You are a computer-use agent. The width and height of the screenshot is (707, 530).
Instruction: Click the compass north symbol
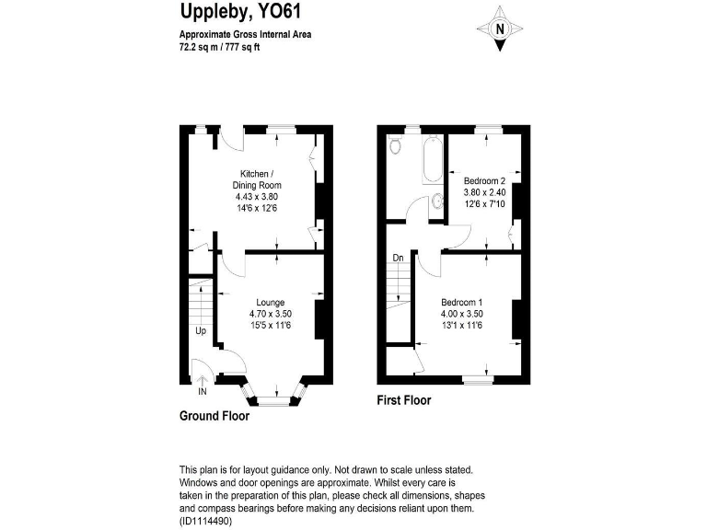(x=500, y=29)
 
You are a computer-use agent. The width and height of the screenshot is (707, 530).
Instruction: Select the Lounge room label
(x=270, y=303)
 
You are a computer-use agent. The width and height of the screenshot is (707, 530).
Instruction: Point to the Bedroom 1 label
(x=461, y=303)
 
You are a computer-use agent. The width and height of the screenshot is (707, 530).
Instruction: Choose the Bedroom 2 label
(x=484, y=181)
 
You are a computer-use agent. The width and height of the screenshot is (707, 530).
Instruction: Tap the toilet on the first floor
(x=396, y=145)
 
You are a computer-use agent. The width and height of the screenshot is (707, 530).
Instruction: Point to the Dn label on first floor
(x=398, y=259)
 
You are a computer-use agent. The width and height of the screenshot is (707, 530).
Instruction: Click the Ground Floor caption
(x=214, y=416)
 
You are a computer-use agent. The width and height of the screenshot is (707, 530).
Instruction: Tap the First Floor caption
(x=404, y=400)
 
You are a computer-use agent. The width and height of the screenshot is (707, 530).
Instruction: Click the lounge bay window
(x=272, y=398)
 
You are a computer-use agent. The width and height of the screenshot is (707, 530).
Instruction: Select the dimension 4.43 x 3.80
(x=256, y=197)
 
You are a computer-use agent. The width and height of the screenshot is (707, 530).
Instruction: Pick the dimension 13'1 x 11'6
(x=461, y=325)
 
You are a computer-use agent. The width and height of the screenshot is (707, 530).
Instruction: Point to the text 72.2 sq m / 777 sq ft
(x=220, y=48)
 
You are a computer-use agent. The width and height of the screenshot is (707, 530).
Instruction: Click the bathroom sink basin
(x=436, y=205)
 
